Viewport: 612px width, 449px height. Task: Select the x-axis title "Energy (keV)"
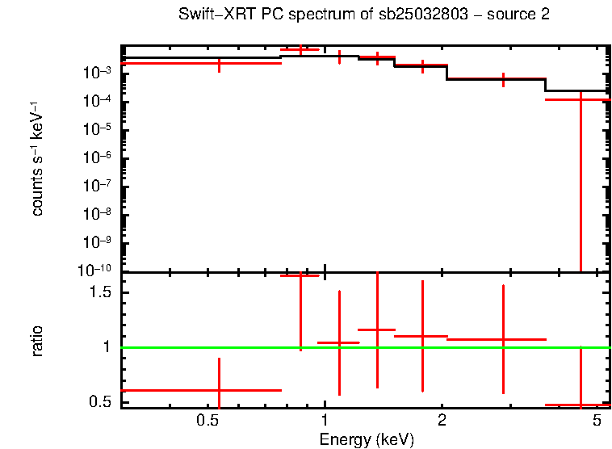tap(367, 439)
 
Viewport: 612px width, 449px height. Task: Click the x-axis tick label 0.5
tap(208, 421)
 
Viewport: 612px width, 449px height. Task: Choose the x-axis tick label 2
tap(442, 421)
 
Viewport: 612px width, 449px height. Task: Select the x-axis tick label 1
tap(325, 421)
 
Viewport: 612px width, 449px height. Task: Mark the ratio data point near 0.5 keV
tap(219, 390)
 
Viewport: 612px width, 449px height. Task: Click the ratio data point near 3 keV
tap(503, 340)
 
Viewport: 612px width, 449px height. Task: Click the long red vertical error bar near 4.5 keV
tap(581, 186)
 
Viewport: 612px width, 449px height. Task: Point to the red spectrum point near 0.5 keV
tap(219, 63)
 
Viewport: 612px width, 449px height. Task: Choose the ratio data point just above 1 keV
tap(339, 343)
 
